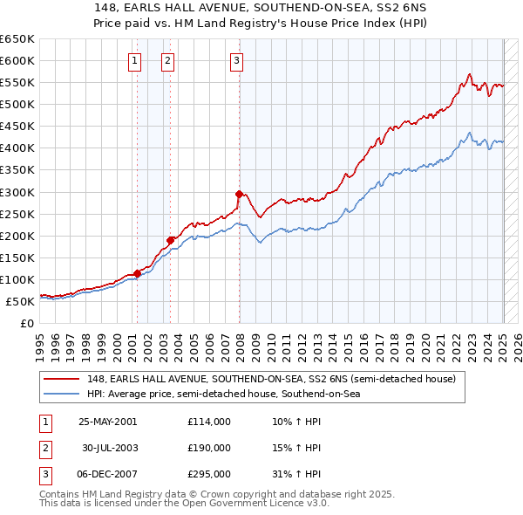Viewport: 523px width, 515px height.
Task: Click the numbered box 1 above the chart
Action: pyautogui.click(x=136, y=60)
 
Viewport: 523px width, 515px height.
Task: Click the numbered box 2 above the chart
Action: pyautogui.click(x=167, y=60)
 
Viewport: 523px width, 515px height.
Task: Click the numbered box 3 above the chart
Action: pyautogui.click(x=237, y=60)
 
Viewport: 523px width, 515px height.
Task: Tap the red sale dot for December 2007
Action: pyautogui.click(x=239, y=194)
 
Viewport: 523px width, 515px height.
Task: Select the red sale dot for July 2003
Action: pyautogui.click(x=171, y=239)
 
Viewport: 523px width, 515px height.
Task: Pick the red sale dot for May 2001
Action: pyautogui.click(x=138, y=273)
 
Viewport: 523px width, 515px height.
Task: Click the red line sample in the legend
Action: pyautogui.click(x=63, y=380)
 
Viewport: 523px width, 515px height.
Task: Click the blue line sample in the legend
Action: pyautogui.click(x=63, y=394)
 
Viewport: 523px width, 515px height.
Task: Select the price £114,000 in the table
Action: pyautogui.click(x=208, y=422)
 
